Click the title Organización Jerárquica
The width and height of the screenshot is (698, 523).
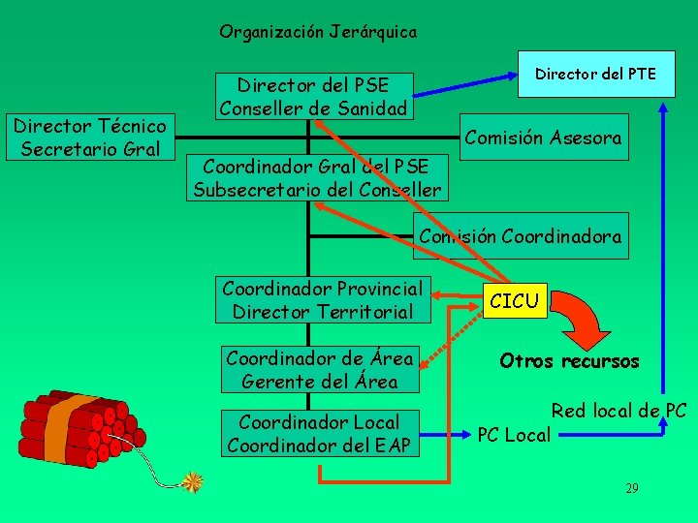(318, 32)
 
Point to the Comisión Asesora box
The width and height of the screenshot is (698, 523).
(543, 138)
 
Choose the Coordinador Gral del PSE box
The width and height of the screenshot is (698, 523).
(317, 176)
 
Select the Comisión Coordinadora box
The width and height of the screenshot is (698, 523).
(520, 236)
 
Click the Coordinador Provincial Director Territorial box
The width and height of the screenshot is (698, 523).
(323, 300)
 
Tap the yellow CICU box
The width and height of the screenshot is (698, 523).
(514, 301)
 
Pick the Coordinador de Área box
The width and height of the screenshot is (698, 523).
(320, 370)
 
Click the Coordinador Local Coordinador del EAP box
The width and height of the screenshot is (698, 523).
(319, 434)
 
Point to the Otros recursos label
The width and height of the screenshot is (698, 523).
(569, 361)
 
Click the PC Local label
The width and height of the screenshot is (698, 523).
(514, 435)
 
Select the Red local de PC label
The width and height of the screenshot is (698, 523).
(619, 411)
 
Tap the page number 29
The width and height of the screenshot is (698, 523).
(631, 488)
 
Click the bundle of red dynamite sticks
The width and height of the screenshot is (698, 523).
(73, 426)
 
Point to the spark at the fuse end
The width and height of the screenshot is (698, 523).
(194, 480)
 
